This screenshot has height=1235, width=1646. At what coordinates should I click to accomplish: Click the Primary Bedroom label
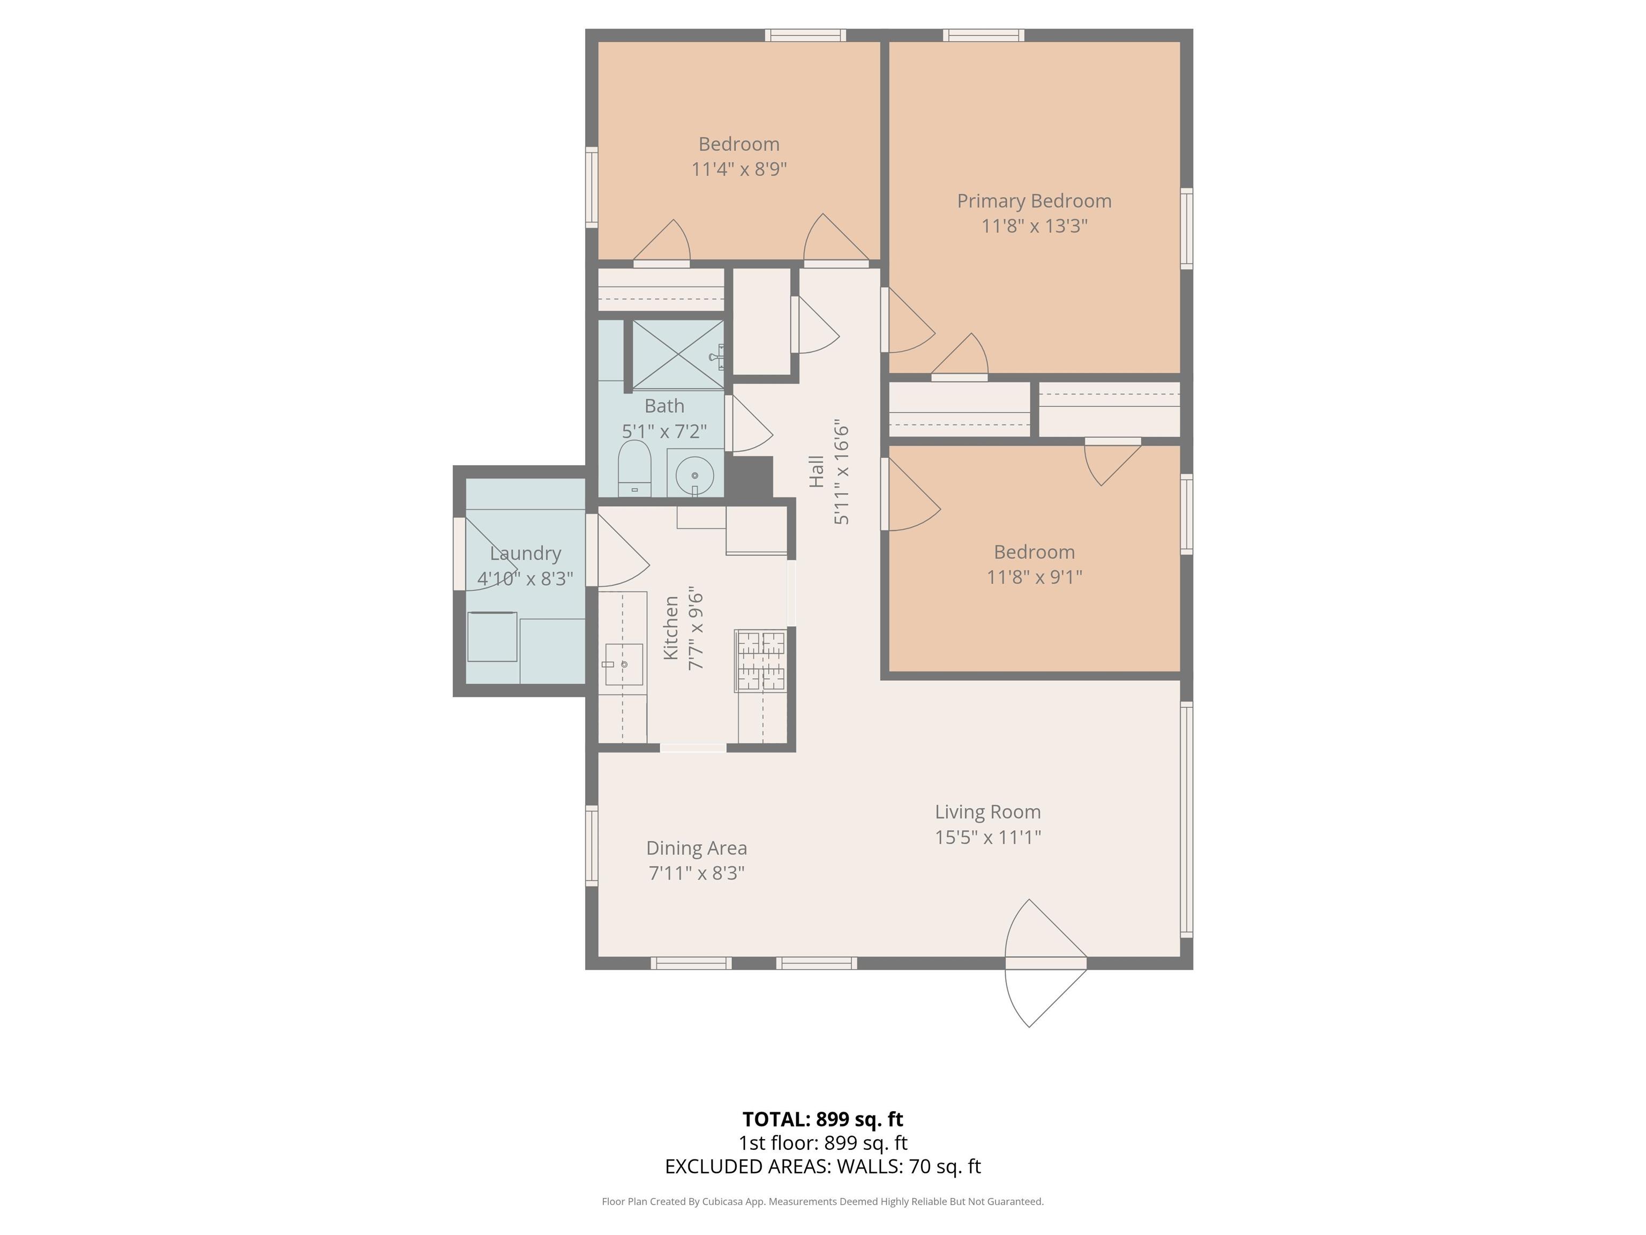click(1034, 201)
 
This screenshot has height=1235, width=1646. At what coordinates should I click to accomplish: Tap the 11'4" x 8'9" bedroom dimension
click(739, 169)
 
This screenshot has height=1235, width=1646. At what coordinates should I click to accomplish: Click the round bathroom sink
click(694, 475)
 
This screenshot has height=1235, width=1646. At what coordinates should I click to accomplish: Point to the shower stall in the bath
click(678, 354)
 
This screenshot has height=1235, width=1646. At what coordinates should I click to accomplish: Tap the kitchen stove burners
click(760, 660)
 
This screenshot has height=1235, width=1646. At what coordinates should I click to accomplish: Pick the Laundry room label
click(525, 553)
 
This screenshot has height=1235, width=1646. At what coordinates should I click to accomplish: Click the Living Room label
click(987, 812)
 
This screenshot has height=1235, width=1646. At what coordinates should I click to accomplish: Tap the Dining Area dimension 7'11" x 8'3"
click(697, 873)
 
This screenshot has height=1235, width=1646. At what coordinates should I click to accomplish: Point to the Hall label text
click(817, 471)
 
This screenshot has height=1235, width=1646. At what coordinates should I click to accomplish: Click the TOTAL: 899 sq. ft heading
click(823, 1119)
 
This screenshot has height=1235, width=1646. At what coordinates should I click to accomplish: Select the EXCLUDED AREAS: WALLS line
click(823, 1166)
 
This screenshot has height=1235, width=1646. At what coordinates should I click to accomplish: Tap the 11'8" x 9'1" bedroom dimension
click(1034, 577)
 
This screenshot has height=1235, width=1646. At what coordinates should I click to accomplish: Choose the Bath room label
click(664, 406)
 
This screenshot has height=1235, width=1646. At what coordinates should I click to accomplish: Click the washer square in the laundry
click(492, 636)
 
